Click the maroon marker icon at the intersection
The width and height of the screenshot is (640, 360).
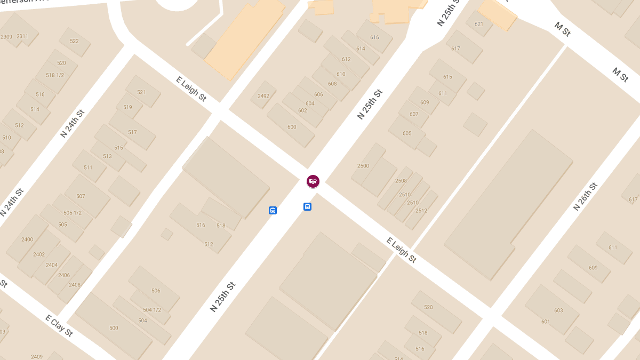click(x=313, y=181)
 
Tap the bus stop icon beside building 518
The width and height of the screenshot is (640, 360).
click(x=273, y=211)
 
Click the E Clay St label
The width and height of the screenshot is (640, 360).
click(x=59, y=326)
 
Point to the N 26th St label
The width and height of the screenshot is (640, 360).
click(x=585, y=196)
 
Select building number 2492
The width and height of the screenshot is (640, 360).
click(x=263, y=96)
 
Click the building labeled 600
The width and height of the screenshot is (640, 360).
click(x=292, y=127)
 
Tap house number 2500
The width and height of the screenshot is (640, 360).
click(x=363, y=166)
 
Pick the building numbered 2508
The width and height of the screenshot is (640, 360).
click(x=401, y=181)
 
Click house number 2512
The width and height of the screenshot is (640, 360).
click(x=421, y=211)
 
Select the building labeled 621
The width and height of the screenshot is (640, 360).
click(x=478, y=24)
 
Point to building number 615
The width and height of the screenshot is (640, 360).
click(x=447, y=77)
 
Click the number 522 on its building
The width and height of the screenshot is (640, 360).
click(x=74, y=41)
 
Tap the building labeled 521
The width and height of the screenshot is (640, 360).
click(x=141, y=92)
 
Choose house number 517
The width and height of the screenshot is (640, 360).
click(x=132, y=132)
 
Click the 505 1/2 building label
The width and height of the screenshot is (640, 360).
click(x=73, y=213)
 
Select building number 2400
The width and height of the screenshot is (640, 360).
click(x=27, y=239)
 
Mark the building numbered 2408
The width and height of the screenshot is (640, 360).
click(x=75, y=285)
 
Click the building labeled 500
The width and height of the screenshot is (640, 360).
click(x=114, y=328)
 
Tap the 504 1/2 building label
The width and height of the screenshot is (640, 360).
click(x=152, y=310)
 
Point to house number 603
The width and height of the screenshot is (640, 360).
click(x=558, y=310)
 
